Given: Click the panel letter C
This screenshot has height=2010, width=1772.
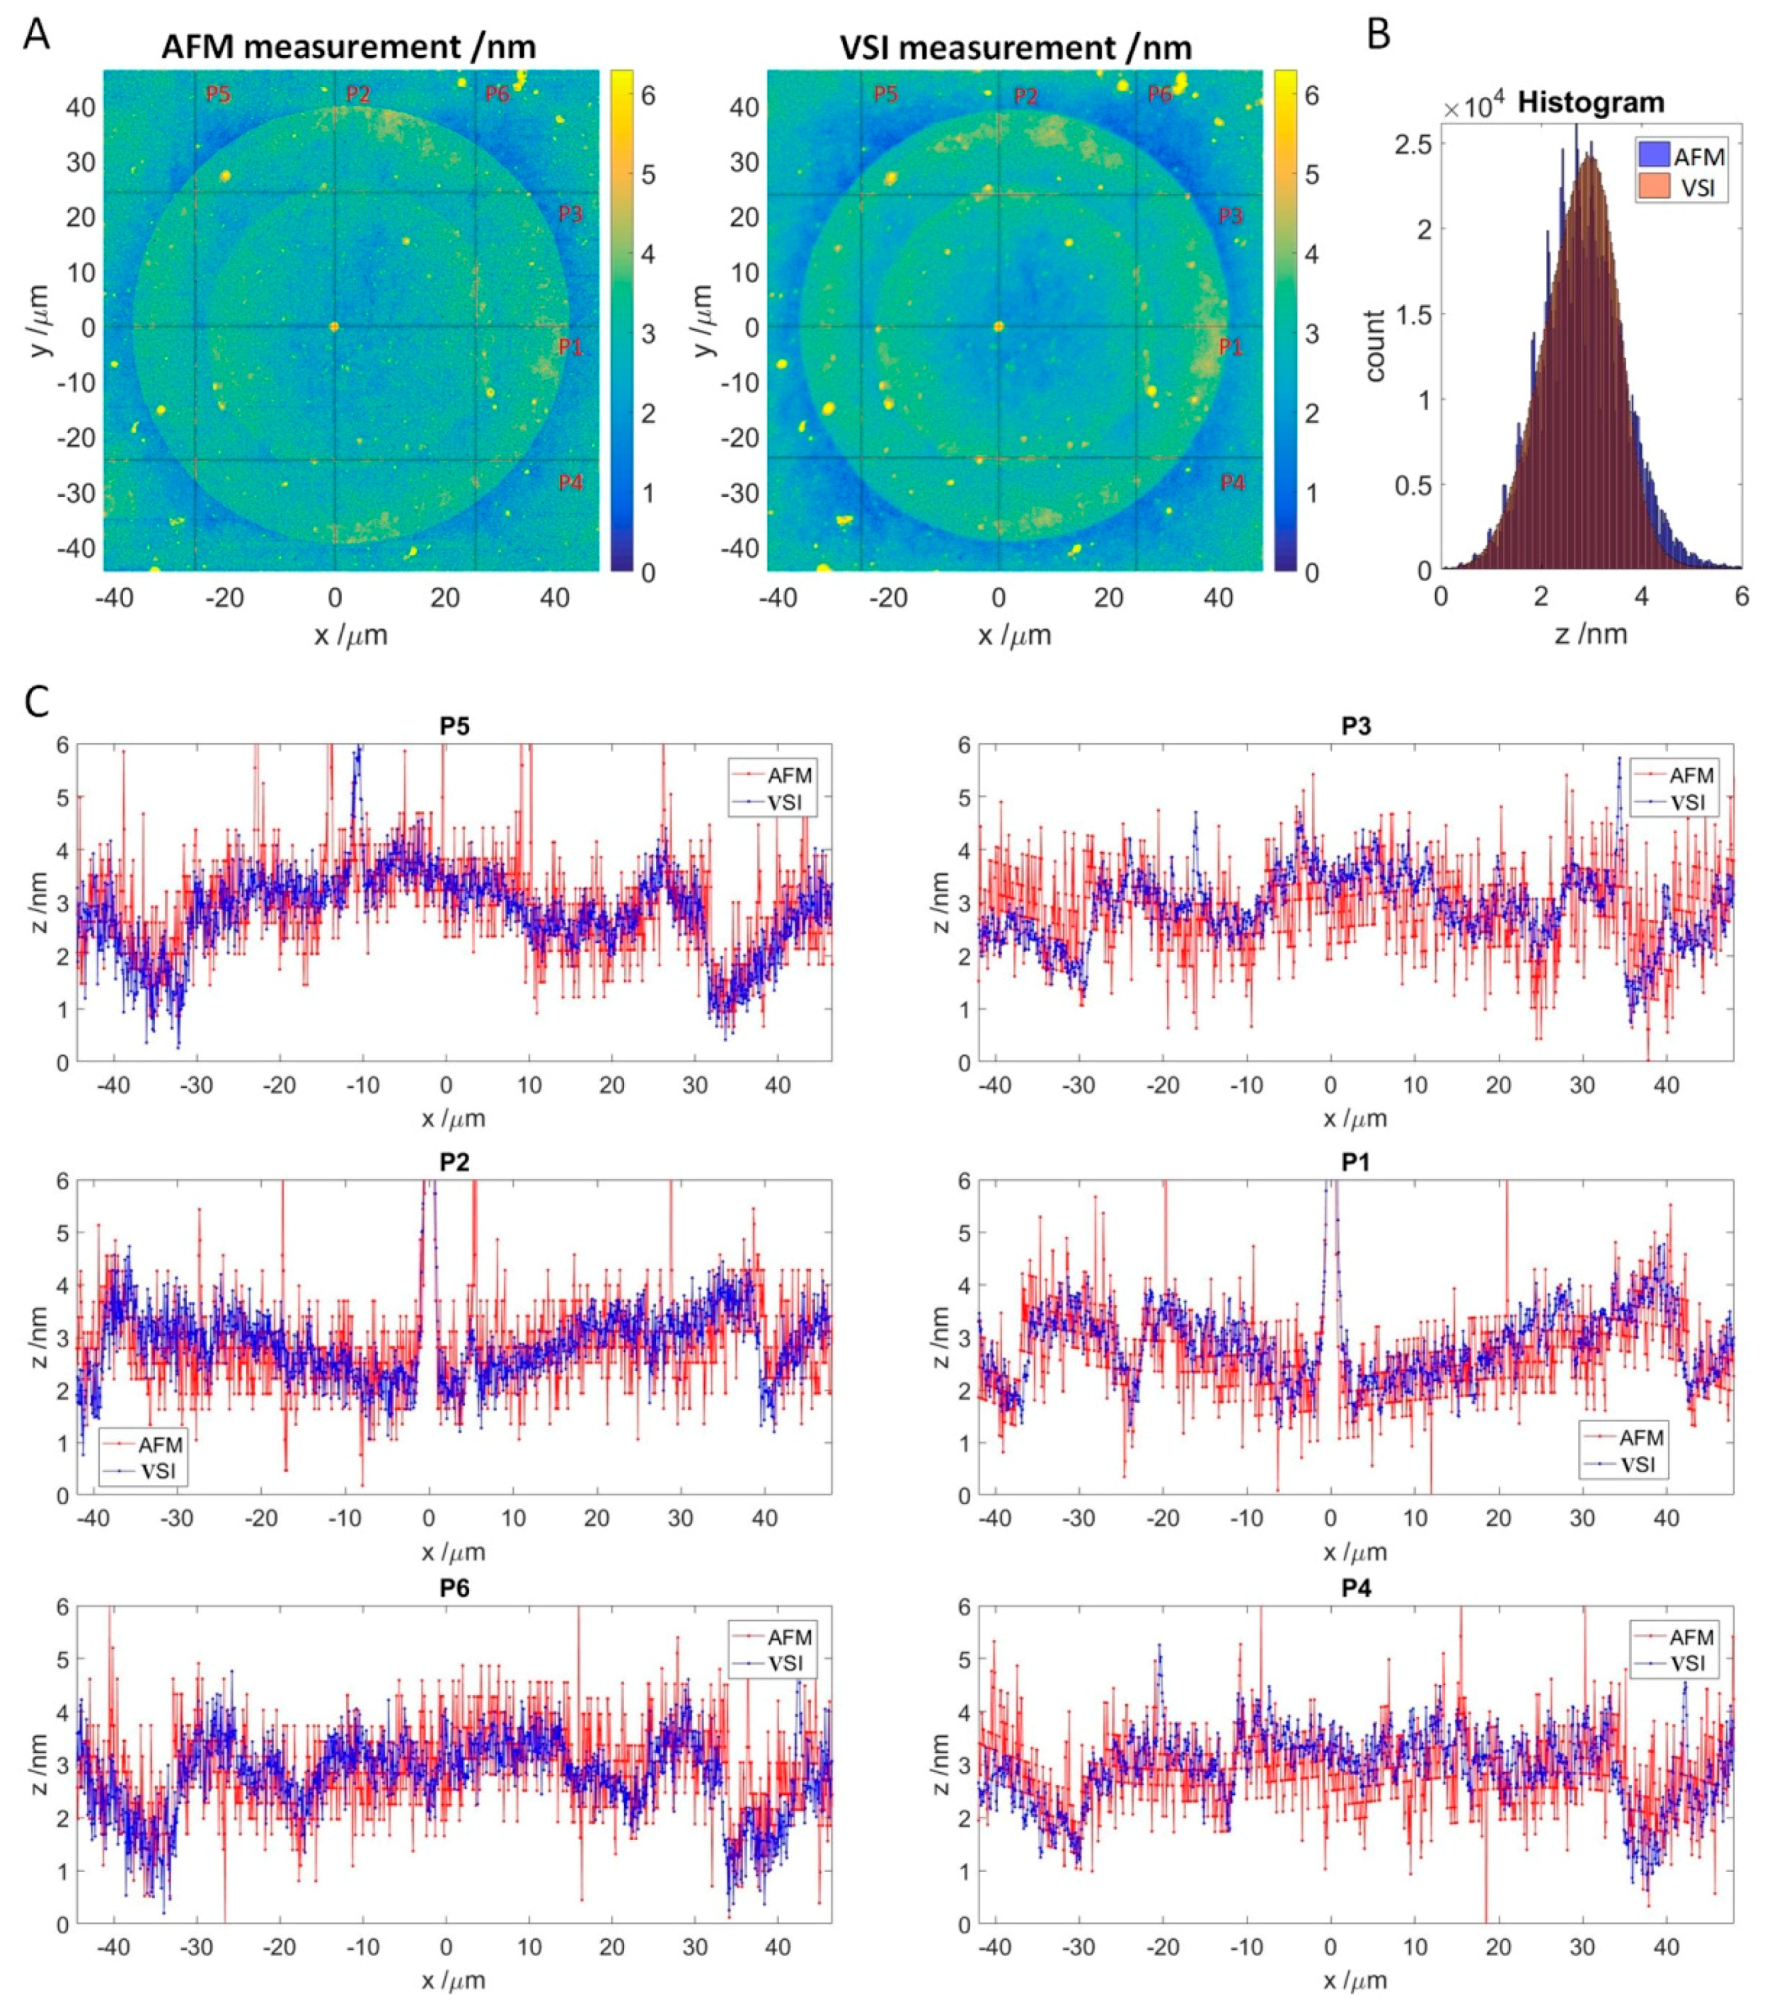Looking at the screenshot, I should tap(35, 701).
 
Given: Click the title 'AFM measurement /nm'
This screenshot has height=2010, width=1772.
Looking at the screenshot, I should tap(348, 47).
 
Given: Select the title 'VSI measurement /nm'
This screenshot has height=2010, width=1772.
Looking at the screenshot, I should tap(1016, 47).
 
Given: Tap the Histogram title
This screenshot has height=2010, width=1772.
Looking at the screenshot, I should tap(1590, 103).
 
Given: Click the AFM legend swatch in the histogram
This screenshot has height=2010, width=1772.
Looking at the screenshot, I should tap(1653, 154).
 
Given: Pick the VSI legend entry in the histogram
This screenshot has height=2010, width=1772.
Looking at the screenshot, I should tap(1683, 186).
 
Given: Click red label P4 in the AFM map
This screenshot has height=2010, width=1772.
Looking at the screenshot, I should tap(570, 482).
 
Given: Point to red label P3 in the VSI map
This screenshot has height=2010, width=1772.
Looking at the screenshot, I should tap(1230, 215).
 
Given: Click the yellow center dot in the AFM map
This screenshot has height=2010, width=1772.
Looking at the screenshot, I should tap(334, 326).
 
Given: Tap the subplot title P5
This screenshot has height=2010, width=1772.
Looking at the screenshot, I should tap(454, 727).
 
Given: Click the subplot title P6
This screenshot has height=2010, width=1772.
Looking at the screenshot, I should tap(454, 1589).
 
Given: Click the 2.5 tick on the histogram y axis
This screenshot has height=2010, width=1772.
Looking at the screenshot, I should tap(1413, 144).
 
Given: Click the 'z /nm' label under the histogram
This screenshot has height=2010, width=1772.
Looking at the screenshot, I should tap(1590, 633).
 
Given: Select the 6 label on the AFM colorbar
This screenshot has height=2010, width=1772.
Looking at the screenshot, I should tap(648, 96).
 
